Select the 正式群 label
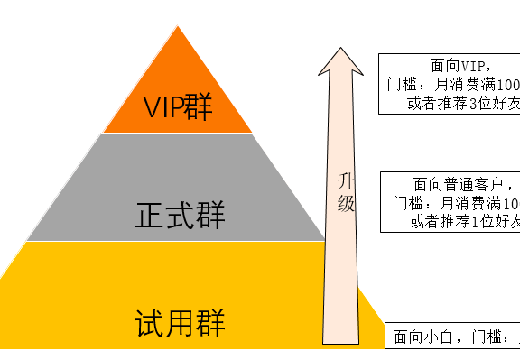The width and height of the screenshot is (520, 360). (x=180, y=216)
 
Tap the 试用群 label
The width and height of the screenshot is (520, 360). (x=180, y=321)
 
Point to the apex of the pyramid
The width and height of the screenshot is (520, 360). (x=178, y=26)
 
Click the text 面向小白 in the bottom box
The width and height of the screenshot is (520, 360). (x=428, y=339)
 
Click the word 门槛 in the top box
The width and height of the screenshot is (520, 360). (x=401, y=85)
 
